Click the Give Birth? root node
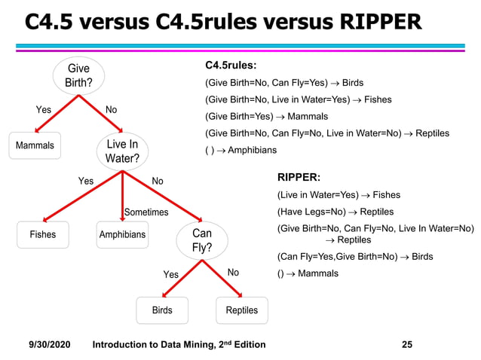78,75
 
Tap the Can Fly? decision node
202,240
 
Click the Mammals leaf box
35,145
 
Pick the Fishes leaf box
43,235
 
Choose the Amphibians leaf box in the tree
122,235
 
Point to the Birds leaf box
162,310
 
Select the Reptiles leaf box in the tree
241,310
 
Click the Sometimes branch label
146,212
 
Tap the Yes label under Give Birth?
44,110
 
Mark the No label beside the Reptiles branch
233,273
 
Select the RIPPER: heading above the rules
299,178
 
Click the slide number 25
407,344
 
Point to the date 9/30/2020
50,344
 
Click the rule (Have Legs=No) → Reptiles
335,212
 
